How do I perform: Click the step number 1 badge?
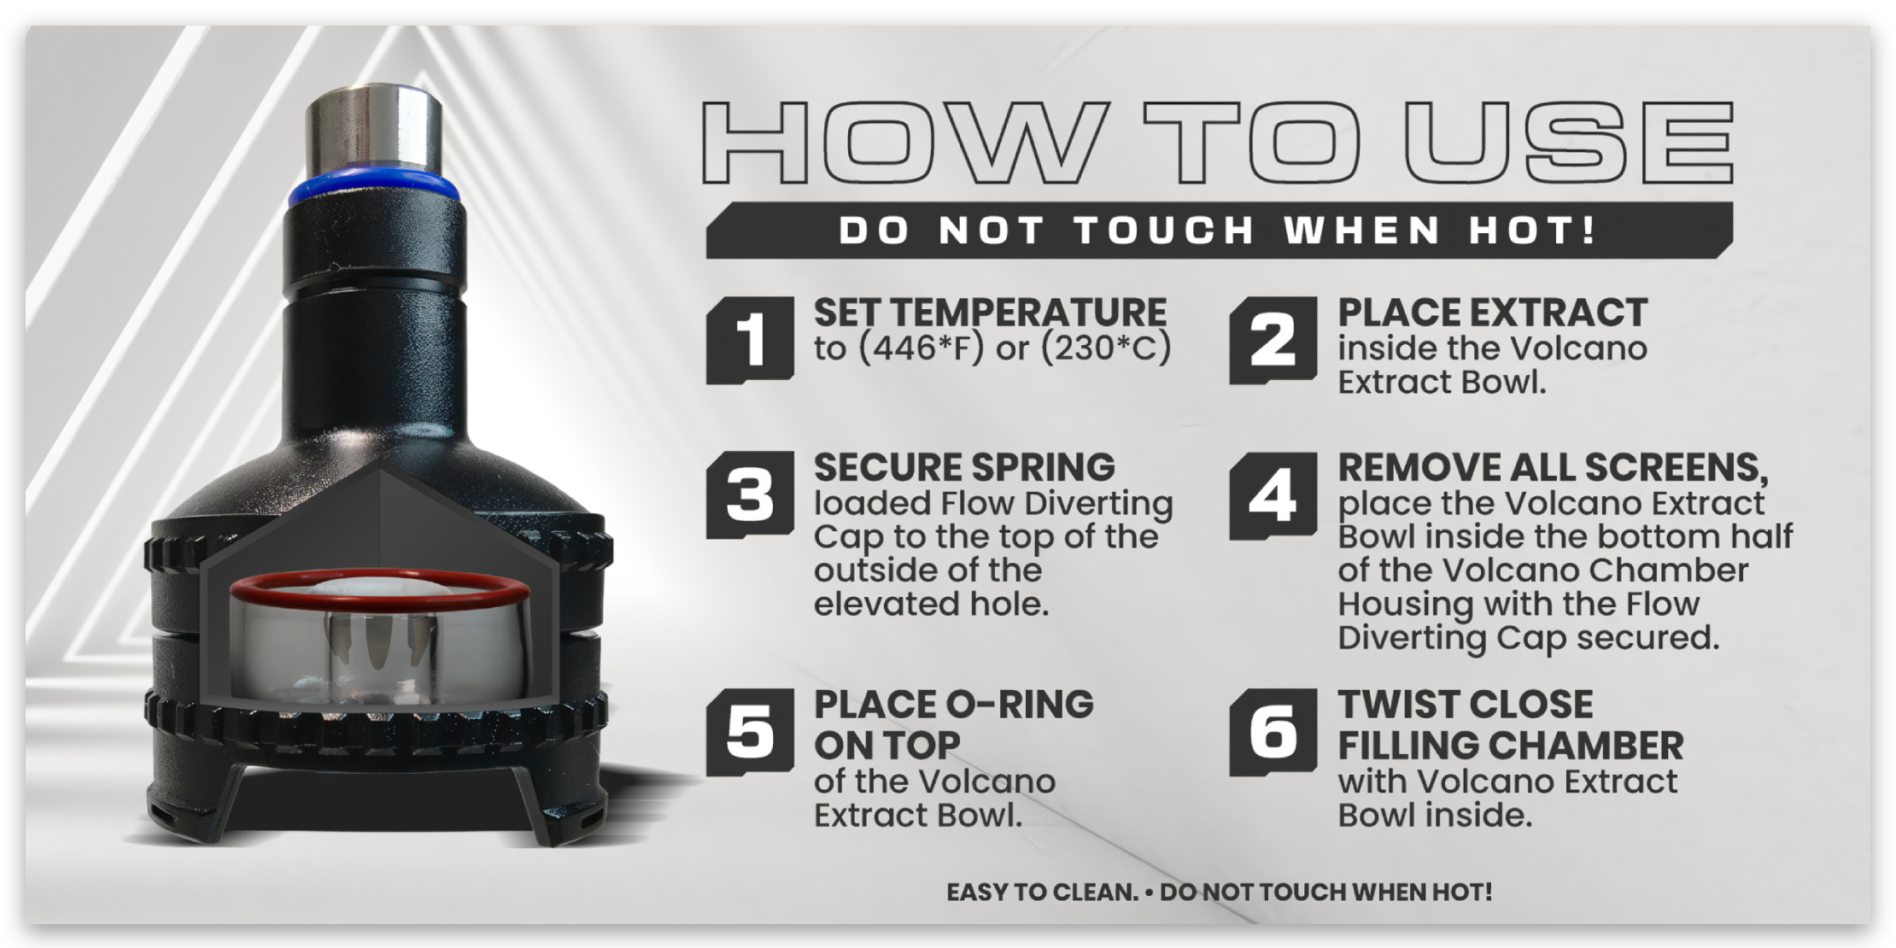pos(750,340)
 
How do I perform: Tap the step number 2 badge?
pos(1273,340)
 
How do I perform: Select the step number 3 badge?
pos(750,495)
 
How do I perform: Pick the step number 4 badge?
pos(1273,495)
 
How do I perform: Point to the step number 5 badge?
pos(750,732)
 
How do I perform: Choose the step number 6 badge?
pos(1273,732)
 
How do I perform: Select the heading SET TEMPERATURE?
pos(990,313)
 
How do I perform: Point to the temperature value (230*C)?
pos(1106,348)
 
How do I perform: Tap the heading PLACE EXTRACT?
pos(1492,313)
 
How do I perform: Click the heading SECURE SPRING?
pos(964,468)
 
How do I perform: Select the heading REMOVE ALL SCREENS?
pos(1553,469)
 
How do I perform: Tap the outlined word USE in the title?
pos(1569,143)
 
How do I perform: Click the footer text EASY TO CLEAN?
pos(1042,892)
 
